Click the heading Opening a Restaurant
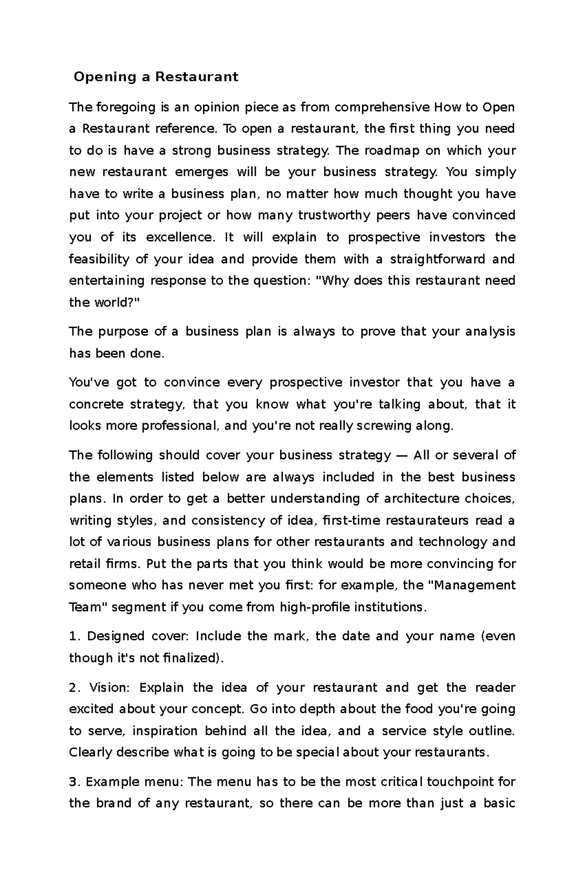(x=156, y=77)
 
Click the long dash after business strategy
(x=402, y=456)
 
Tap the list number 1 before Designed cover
(x=73, y=636)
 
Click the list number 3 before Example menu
(x=73, y=782)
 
